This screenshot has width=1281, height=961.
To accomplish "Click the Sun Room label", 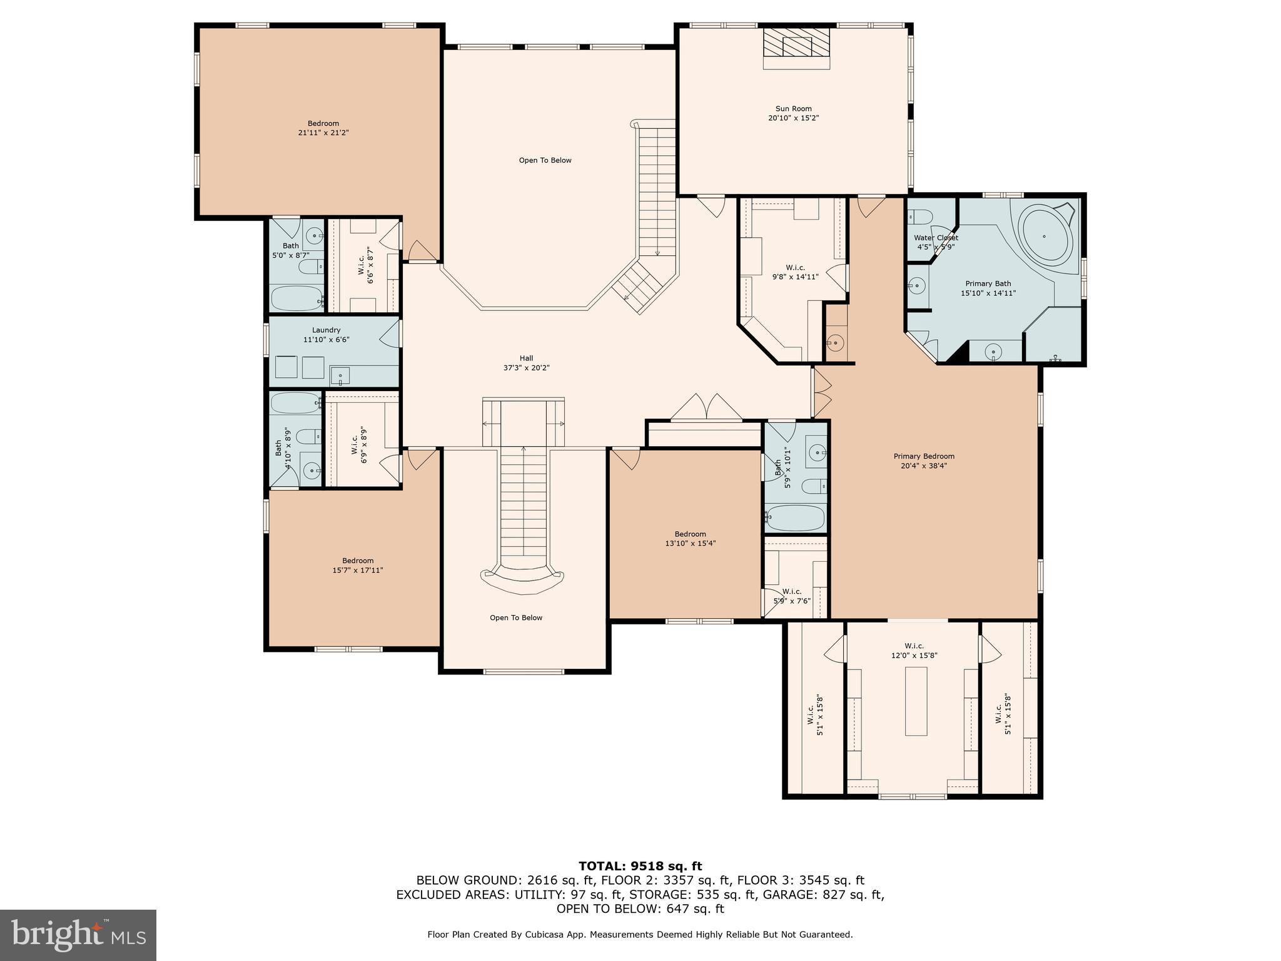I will pyautogui.click(x=793, y=109).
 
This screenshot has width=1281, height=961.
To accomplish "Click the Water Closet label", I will pyautogui.click(x=936, y=238).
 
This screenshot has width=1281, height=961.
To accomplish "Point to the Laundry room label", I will pyautogui.click(x=326, y=330).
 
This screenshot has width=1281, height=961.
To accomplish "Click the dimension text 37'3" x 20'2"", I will pyautogui.click(x=526, y=368).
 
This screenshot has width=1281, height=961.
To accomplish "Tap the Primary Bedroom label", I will pyautogui.click(x=924, y=456).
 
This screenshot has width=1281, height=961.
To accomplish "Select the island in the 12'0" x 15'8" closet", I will pyautogui.click(x=916, y=701).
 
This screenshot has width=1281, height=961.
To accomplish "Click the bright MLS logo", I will pyautogui.click(x=78, y=935).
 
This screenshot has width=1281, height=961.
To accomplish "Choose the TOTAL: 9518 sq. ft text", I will pyautogui.click(x=640, y=866).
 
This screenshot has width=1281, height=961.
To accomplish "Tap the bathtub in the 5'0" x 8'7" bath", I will pyautogui.click(x=296, y=298).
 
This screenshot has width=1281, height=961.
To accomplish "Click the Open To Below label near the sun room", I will pyautogui.click(x=545, y=160).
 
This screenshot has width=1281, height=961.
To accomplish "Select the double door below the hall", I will pyautogui.click(x=706, y=407).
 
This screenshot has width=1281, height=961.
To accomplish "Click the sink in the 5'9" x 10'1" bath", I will pyautogui.click(x=816, y=450).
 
